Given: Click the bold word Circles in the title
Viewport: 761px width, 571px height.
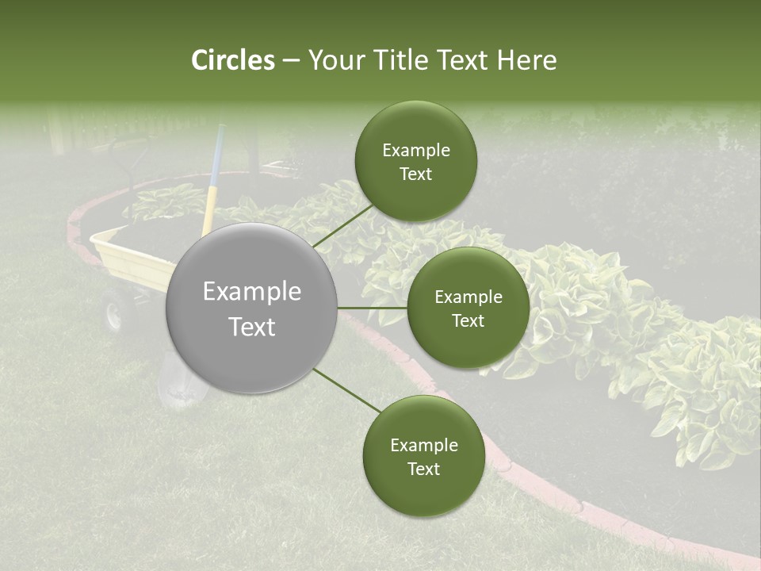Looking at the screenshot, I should click(232, 60).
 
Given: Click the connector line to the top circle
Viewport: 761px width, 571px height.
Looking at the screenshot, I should click(342, 225).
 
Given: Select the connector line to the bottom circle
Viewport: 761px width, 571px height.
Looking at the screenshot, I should click(346, 389).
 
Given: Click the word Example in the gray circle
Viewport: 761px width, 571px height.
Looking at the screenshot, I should click(252, 292).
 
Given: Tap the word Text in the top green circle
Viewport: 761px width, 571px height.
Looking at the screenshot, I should click(415, 174).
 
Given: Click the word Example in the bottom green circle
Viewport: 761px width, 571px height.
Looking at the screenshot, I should click(423, 445).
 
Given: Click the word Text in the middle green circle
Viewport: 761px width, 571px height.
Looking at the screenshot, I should click(468, 321).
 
